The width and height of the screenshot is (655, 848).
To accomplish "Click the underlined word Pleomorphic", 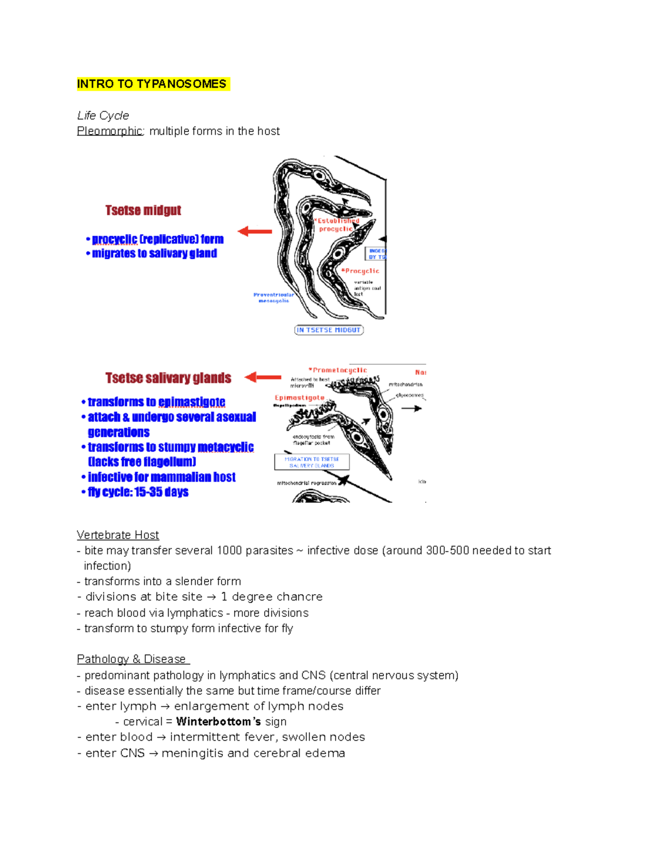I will (110, 131).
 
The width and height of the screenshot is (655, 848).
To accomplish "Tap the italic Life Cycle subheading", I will (103, 115).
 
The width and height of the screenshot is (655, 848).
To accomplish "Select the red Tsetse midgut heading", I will (143, 210).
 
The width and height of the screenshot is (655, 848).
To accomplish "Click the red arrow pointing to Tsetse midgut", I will (255, 232).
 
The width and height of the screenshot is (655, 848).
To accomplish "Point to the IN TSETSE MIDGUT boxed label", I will (329, 330).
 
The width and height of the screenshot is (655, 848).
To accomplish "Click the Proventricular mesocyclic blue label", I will (273, 298).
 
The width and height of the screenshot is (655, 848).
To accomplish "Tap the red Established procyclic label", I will (337, 224).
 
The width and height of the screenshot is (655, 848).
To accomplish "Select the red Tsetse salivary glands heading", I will (168, 378).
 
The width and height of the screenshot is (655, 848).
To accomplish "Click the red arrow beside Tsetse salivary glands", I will (263, 377).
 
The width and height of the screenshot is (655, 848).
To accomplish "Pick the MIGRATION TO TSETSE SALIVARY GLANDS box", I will (312, 462).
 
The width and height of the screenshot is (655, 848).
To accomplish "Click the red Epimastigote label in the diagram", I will (300, 398).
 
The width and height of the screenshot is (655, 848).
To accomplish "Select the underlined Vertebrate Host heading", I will (118, 535).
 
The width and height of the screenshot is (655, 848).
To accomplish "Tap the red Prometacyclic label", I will (338, 370).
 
